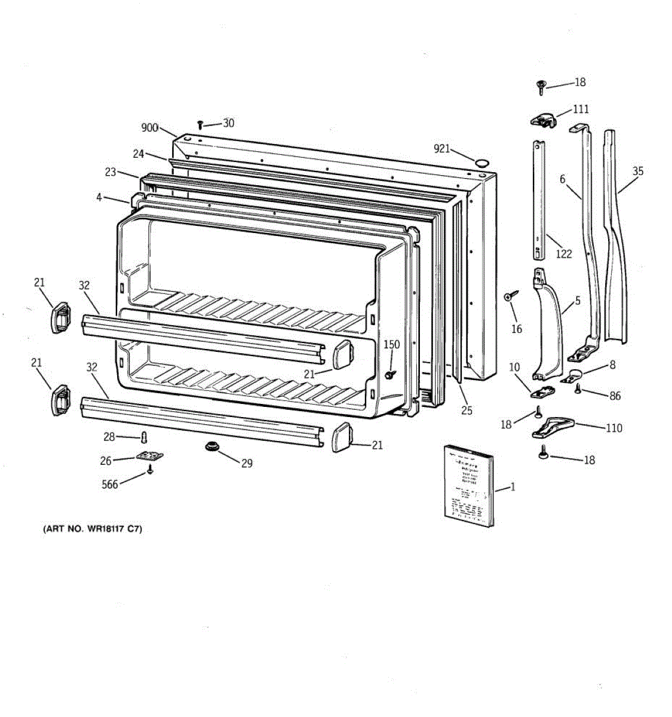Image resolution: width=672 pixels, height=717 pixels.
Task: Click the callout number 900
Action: coord(149,127)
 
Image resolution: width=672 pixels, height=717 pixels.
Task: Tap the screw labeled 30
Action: coord(201,125)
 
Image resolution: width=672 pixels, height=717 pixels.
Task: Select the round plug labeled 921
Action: coord(481,163)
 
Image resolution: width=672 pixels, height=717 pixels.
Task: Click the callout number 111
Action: coord(581,109)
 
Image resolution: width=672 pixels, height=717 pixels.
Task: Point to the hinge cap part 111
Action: coord(543,120)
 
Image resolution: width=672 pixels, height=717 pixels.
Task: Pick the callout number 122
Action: coord(563,253)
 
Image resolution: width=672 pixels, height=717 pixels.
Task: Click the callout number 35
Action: coord(638,171)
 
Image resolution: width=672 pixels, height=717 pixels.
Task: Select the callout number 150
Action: coord(392,345)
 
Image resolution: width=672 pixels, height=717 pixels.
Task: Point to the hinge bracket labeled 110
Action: coord(552,427)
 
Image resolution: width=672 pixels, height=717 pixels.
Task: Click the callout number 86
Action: coord(615,396)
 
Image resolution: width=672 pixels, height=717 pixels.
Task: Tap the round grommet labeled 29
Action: coord(211,447)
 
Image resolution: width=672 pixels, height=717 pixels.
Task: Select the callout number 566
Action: coord(110,485)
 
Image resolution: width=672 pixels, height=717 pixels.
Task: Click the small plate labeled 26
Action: coord(149,456)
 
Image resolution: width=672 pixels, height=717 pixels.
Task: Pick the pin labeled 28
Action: coord(143,438)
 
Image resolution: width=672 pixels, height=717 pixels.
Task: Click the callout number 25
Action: coord(467,410)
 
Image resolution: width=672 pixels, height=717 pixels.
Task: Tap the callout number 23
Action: coord(110,172)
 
